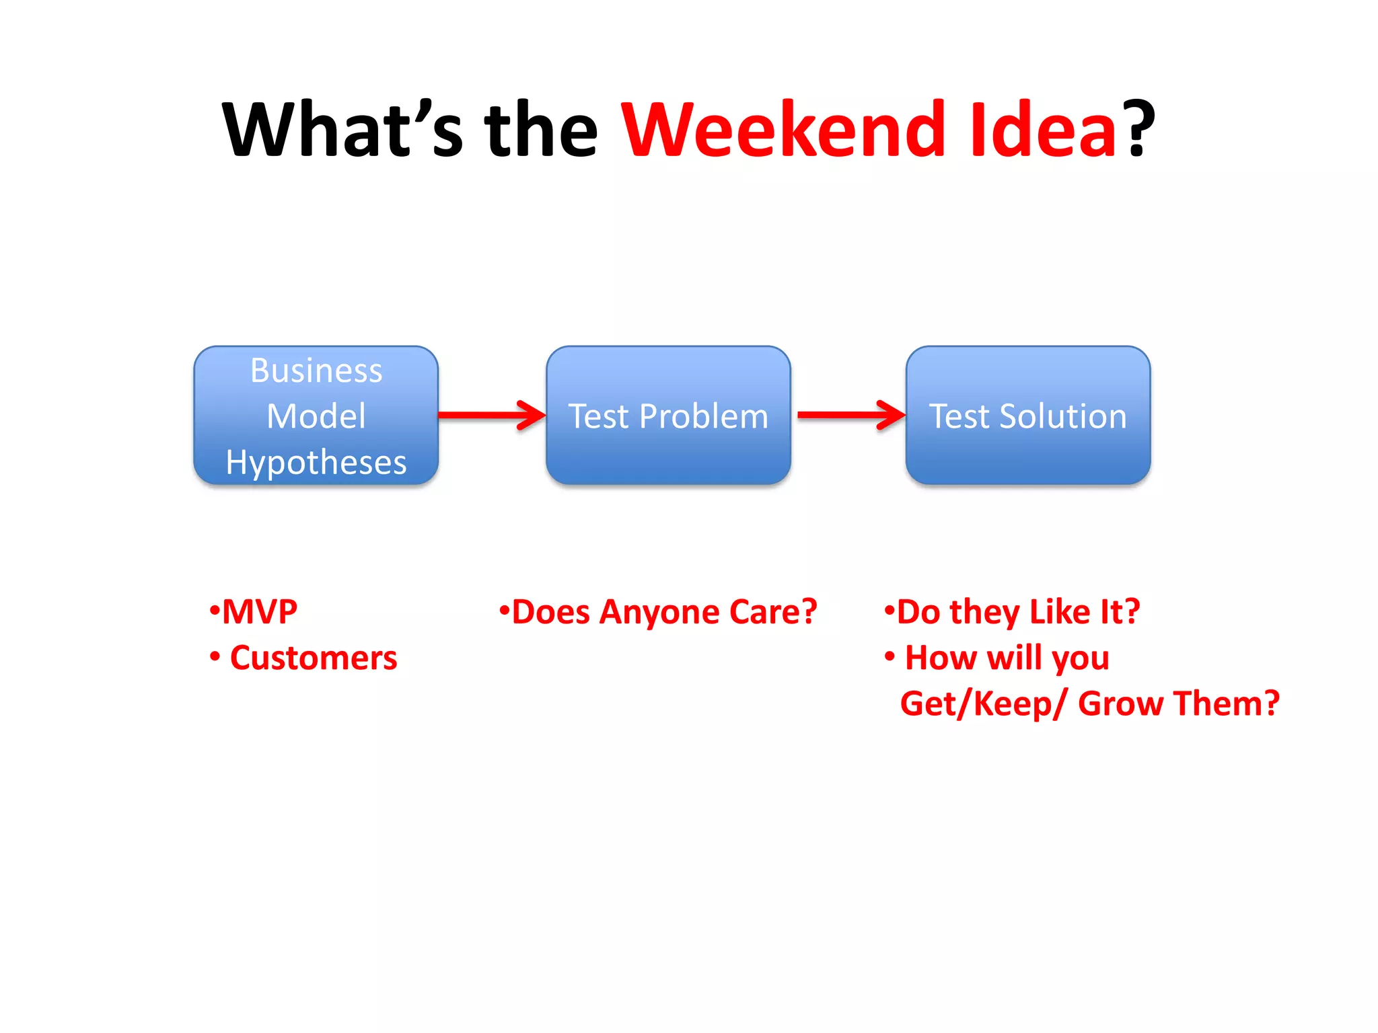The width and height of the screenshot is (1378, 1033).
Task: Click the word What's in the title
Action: click(x=343, y=129)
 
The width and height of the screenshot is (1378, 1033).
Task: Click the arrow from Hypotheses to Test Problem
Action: click(x=491, y=415)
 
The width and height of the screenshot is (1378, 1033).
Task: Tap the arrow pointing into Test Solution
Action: click(x=850, y=415)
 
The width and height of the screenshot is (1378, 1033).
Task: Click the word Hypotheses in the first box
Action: click(x=316, y=463)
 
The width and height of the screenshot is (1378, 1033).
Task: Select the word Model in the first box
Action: click(x=316, y=416)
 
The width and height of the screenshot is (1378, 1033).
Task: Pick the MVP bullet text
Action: click(x=260, y=612)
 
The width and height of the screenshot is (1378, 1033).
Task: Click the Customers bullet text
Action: click(x=313, y=658)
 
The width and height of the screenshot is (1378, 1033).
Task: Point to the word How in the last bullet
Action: click(x=941, y=658)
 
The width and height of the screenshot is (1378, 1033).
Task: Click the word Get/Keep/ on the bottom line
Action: click(x=983, y=703)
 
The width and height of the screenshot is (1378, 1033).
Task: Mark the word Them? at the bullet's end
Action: click(x=1226, y=703)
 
